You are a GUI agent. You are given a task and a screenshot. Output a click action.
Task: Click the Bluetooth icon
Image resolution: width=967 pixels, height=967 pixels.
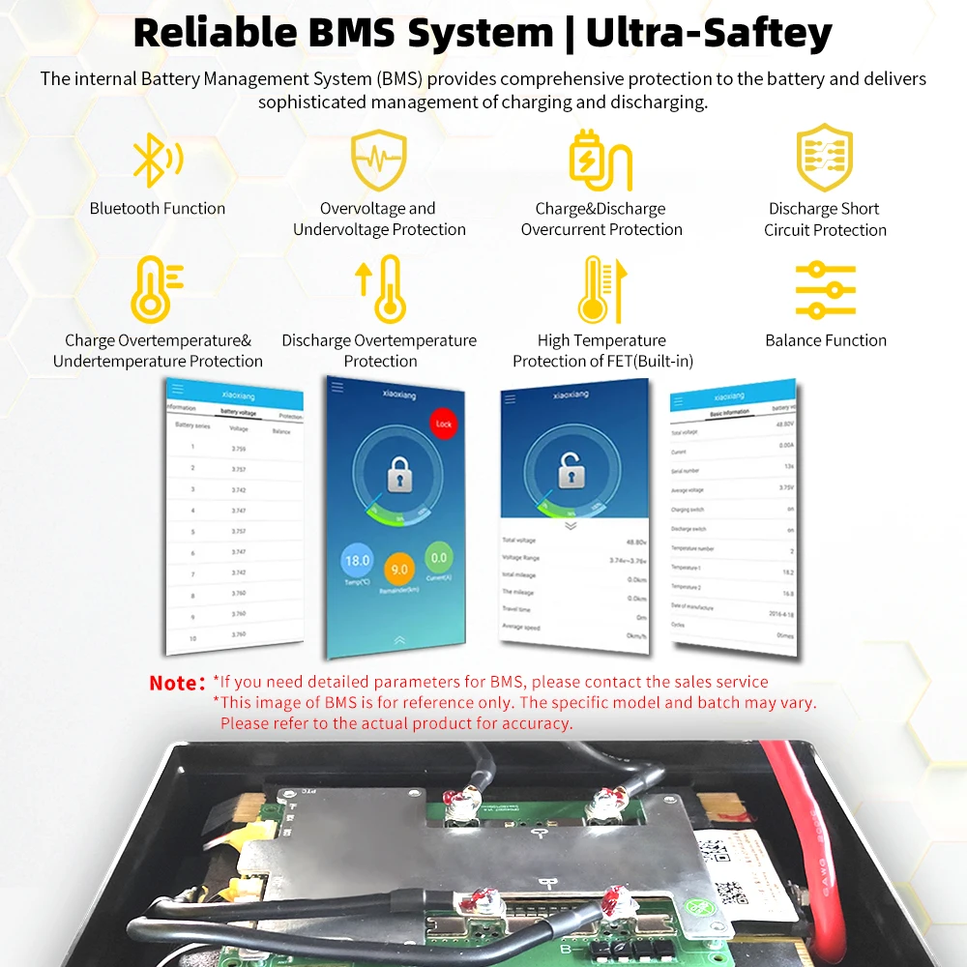coord(155,161)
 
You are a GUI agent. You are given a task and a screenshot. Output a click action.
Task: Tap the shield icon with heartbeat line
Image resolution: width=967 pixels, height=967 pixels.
coord(378,161)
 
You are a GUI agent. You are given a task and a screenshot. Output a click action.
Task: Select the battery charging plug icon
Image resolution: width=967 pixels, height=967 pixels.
coord(601,161)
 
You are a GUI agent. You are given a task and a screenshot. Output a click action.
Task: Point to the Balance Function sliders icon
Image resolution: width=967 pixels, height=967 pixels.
coord(825,289)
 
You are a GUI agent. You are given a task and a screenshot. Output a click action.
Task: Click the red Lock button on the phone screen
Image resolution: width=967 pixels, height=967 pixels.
coord(444,424)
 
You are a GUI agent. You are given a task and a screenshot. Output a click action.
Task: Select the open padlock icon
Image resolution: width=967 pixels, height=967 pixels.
coord(571,473)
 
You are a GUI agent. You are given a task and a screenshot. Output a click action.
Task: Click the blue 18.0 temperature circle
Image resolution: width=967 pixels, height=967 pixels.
coord(358,561)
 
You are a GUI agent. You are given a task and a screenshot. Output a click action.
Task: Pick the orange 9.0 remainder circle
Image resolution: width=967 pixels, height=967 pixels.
coord(398,570)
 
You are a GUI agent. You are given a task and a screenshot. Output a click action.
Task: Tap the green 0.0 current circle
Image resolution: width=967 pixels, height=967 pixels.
coord(439,558)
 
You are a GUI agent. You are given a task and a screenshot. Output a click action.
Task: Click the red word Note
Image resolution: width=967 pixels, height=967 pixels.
coord(177,683)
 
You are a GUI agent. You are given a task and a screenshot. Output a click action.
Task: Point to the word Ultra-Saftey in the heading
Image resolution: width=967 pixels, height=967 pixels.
coord(709,33)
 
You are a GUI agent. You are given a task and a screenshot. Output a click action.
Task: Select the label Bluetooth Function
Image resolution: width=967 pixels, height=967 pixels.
coord(158,208)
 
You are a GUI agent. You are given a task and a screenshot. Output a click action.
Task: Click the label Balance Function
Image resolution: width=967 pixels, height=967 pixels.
coord(825,340)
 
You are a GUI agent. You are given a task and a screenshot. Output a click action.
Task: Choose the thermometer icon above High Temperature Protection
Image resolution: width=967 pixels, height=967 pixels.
coord(597,289)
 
